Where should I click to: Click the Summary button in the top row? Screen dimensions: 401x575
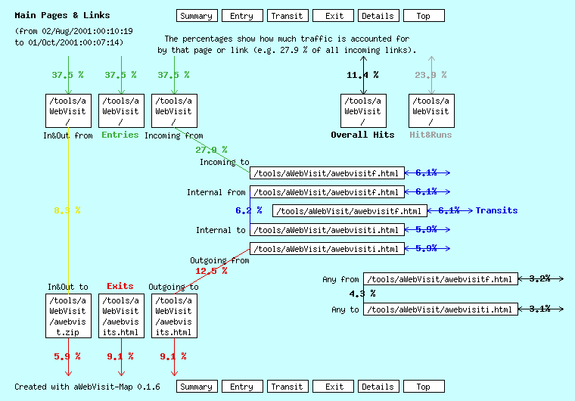pos(197,16)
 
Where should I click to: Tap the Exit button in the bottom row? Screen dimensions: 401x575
pos(333,387)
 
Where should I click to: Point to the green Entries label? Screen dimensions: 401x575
pos(120,135)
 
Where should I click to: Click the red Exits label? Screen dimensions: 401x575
pos(120,286)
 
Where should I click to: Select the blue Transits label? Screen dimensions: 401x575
pos(496,210)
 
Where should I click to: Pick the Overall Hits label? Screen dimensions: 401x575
pos(362,135)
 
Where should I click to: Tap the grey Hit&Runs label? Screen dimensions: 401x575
pos(430,135)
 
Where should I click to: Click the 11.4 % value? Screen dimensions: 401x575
pos(362,75)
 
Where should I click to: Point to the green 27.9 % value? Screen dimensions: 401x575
pos(211,150)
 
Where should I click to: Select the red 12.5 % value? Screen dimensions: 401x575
pos(211,270)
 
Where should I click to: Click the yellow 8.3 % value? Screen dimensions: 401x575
pos(67,210)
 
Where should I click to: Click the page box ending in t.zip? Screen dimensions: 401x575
pos(68,316)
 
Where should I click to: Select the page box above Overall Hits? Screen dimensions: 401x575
pos(362,110)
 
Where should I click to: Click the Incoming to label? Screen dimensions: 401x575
pos(224,162)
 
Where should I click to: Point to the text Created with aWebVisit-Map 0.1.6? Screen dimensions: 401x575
pos(87,387)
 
